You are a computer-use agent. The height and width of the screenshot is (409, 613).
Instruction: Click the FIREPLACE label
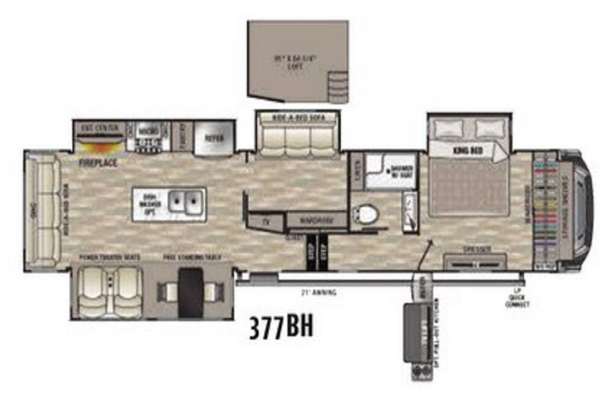(x=97, y=164)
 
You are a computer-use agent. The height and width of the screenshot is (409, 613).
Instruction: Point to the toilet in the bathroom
(x=367, y=214)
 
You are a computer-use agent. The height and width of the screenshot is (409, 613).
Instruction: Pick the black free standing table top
(x=189, y=292)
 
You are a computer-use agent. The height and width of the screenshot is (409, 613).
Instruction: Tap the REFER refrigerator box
(x=213, y=138)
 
